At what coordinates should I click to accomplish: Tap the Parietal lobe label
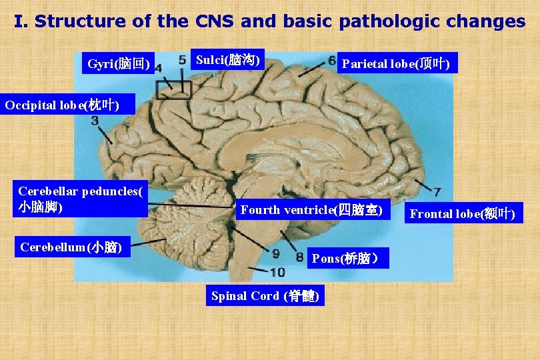click(396, 64)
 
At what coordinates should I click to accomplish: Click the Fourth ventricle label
click(311, 210)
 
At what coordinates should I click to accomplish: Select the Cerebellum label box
click(71, 247)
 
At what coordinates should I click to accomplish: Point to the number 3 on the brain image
click(95, 121)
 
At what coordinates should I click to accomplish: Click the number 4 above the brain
click(158, 69)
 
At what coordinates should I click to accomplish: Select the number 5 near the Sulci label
click(182, 60)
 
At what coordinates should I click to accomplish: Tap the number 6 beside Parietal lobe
click(331, 61)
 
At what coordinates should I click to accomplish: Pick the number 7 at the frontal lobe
click(436, 191)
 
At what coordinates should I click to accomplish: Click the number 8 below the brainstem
click(299, 256)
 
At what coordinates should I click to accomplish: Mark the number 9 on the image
click(277, 253)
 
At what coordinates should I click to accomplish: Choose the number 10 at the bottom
click(277, 271)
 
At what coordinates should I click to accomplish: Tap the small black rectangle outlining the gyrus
click(173, 90)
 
